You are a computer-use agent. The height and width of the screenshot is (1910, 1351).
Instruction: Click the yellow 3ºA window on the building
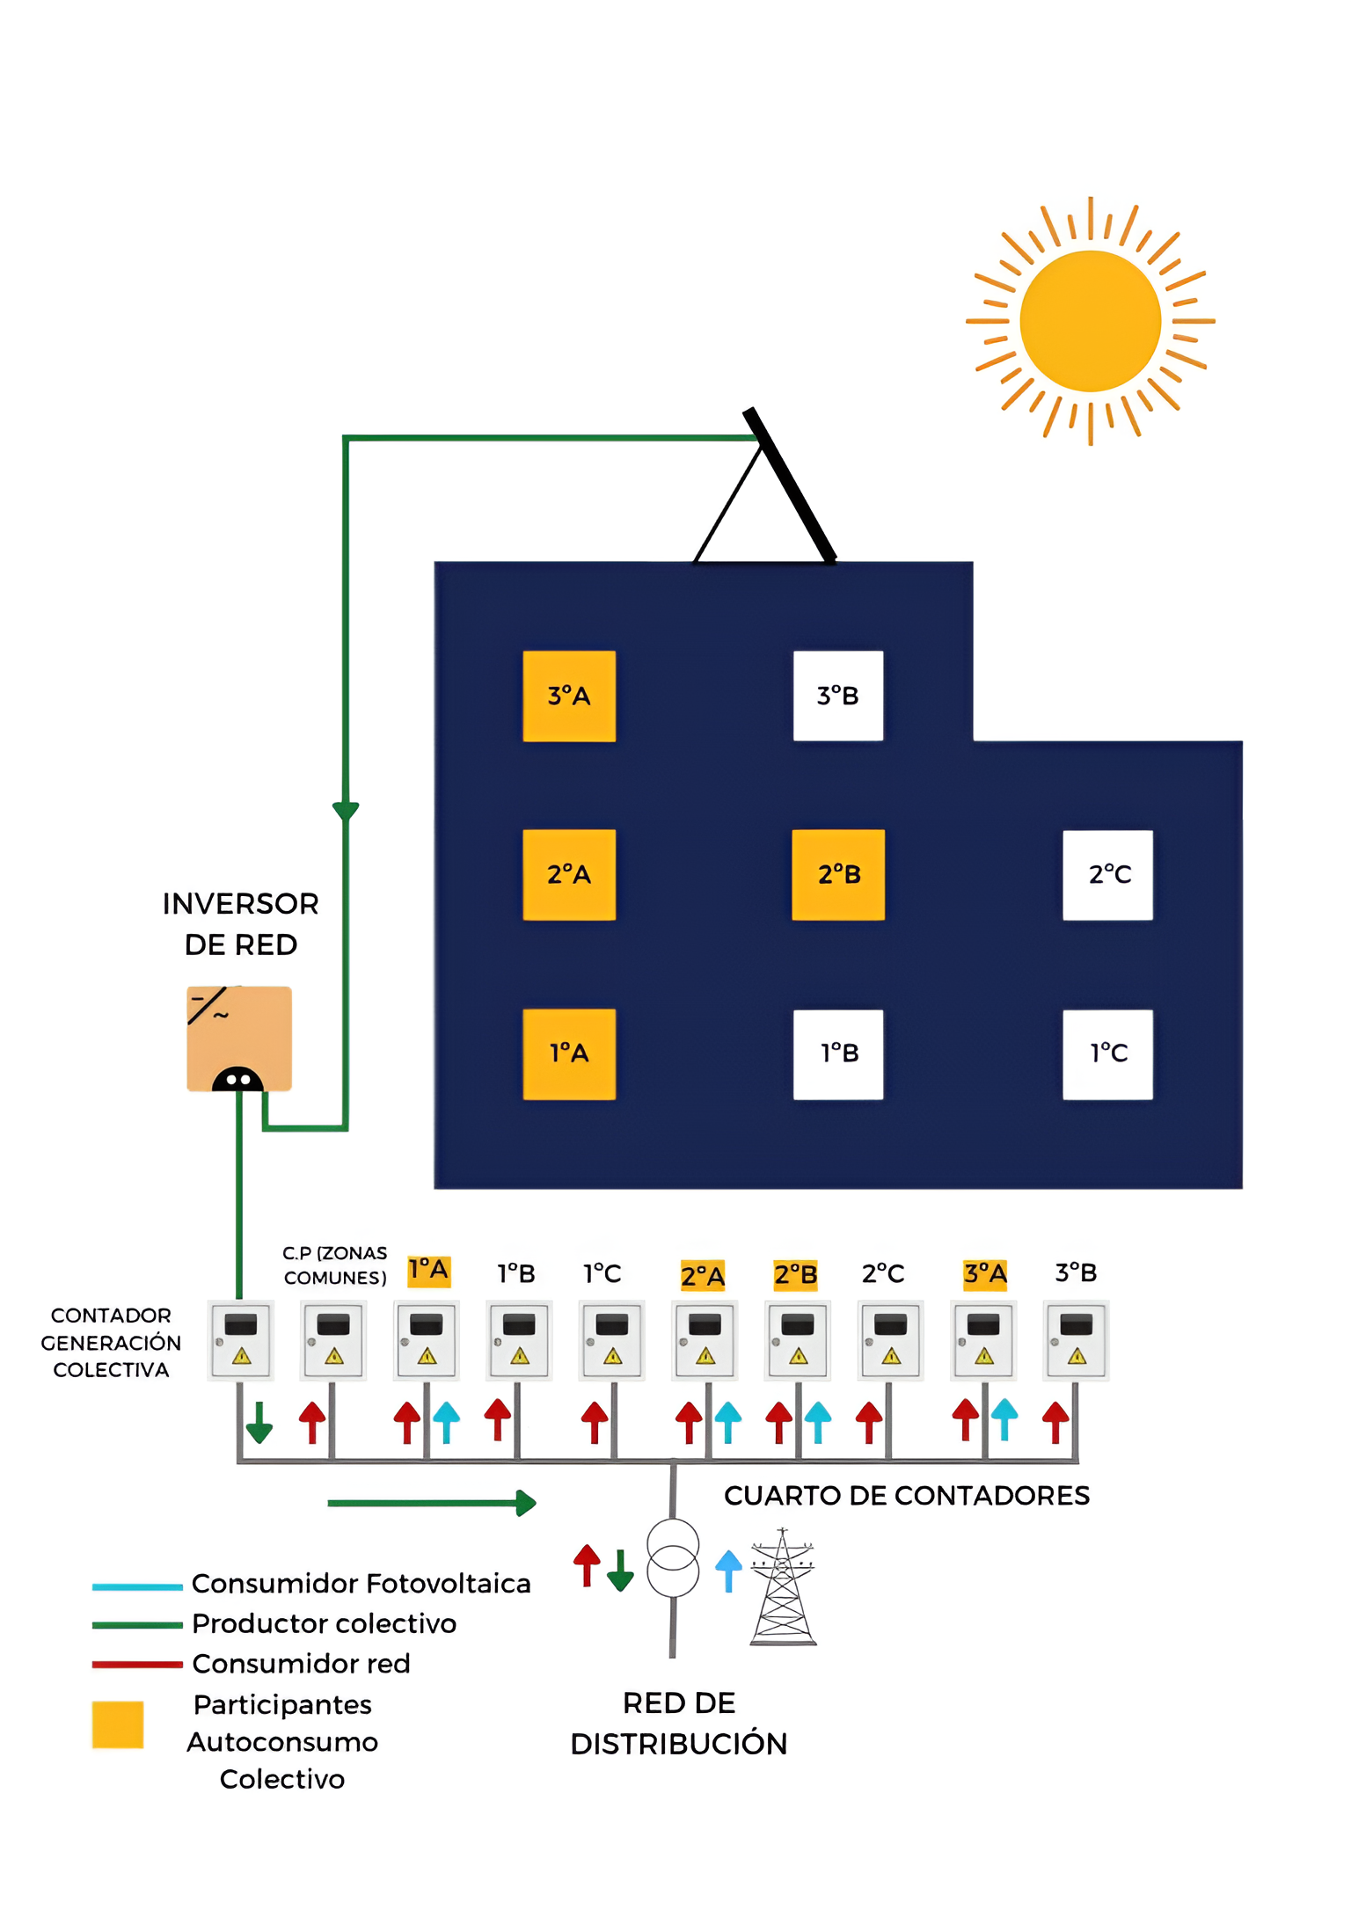click(569, 696)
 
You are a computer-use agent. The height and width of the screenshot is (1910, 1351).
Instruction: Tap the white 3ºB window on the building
click(837, 696)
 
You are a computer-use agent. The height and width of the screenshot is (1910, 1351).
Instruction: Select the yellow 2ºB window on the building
click(837, 874)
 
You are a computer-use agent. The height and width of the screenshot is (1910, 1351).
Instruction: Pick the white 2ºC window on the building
click(1107, 874)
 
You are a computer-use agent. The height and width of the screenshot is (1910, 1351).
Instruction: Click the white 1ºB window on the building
click(837, 1053)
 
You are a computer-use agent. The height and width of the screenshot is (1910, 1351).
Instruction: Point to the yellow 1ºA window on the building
click(569, 1053)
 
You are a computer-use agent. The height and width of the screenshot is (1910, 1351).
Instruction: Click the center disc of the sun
click(1090, 321)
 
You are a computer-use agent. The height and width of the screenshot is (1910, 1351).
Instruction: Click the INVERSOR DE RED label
click(240, 923)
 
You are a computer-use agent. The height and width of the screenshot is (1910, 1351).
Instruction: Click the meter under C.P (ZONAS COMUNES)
click(333, 1339)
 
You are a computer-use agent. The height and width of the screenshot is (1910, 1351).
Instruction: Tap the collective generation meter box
click(240, 1339)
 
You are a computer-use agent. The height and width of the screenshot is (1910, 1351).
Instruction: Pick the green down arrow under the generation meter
click(259, 1422)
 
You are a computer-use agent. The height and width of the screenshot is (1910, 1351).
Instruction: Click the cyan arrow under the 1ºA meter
click(447, 1421)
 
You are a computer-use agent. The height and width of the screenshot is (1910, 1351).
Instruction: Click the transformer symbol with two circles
click(673, 1557)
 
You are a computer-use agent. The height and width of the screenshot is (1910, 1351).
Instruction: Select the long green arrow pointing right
click(431, 1503)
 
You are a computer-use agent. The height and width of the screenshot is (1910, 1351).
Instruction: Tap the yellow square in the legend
click(118, 1724)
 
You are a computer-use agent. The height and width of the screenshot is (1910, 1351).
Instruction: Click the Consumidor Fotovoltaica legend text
click(361, 1583)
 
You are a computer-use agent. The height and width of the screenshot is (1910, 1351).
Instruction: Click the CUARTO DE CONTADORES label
click(906, 1495)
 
